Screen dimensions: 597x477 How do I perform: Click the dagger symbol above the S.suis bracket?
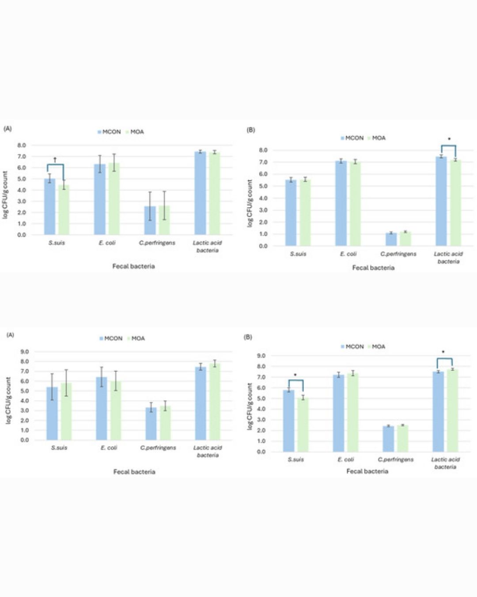pyautogui.click(x=55, y=159)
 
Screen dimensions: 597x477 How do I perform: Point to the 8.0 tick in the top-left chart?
pyautogui.click(x=22, y=145)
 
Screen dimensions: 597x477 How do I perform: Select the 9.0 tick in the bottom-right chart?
pyautogui.click(x=261, y=356)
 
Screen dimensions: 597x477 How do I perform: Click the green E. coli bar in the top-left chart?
pyautogui.click(x=114, y=199)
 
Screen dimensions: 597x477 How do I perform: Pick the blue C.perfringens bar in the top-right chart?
pyautogui.click(x=391, y=239)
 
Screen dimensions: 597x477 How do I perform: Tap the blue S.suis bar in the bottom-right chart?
pyautogui.click(x=288, y=420)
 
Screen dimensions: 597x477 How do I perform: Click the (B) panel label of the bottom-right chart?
pyautogui.click(x=248, y=337)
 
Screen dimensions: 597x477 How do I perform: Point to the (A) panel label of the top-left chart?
pyautogui.click(x=8, y=129)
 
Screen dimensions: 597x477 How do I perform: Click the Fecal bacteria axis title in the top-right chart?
pyautogui.click(x=373, y=268)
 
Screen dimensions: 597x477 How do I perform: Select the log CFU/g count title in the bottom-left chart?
pyautogui.click(x=8, y=401)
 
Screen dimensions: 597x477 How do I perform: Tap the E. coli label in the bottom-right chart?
pyautogui.click(x=346, y=459)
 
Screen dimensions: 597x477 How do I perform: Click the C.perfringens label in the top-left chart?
pyautogui.click(x=157, y=243)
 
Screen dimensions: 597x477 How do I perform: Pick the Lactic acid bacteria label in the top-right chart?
pyautogui.click(x=448, y=257)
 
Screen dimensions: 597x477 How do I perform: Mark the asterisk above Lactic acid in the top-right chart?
pyautogui.click(x=449, y=139)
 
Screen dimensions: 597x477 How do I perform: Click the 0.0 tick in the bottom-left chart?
pyautogui.click(x=24, y=440)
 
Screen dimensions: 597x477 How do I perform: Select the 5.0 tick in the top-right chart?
pyautogui.click(x=264, y=186)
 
